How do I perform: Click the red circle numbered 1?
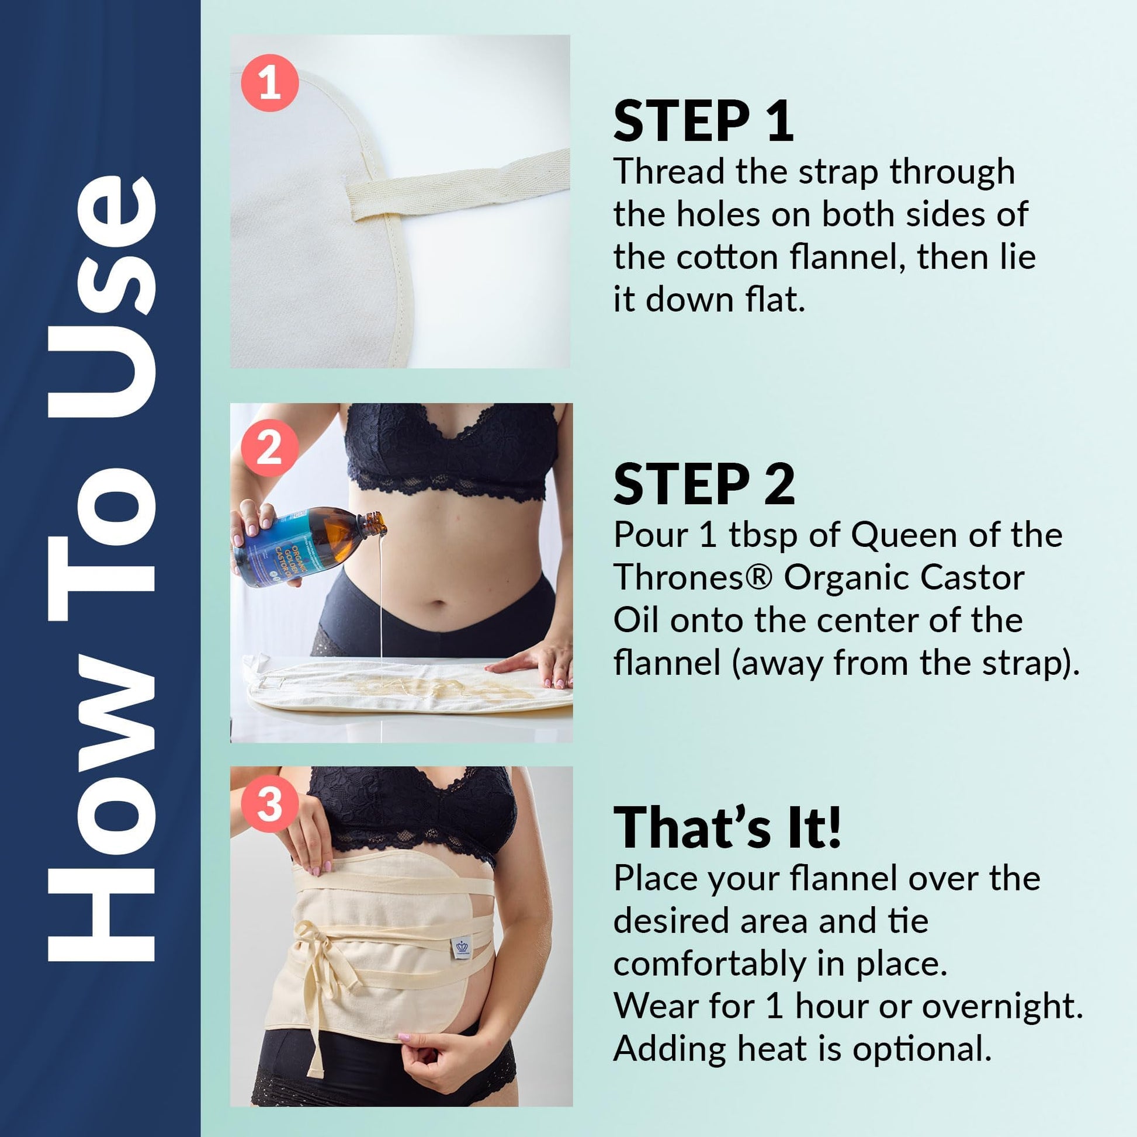tap(270, 83)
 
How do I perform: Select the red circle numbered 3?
tap(270, 803)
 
